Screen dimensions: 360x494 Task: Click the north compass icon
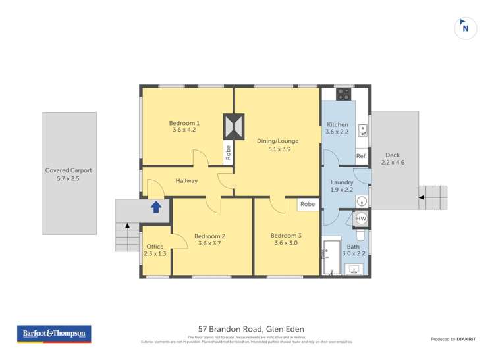click(x=466, y=28)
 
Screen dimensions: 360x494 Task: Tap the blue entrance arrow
click(x=156, y=207)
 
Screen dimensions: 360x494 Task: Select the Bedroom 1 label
click(x=184, y=123)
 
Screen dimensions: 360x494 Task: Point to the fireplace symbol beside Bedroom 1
click(x=233, y=125)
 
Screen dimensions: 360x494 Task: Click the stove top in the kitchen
click(x=343, y=94)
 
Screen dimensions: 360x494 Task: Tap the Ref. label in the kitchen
click(x=361, y=156)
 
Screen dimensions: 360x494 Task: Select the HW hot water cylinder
click(x=361, y=219)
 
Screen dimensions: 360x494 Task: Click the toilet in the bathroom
click(x=360, y=236)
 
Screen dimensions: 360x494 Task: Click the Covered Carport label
click(x=69, y=170)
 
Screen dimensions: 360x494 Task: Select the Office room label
click(x=155, y=247)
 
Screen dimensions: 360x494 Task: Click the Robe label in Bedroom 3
click(x=308, y=205)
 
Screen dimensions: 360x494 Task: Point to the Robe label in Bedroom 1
click(x=228, y=153)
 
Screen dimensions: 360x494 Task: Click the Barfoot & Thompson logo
click(x=55, y=334)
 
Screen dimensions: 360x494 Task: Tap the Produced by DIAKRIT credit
click(x=453, y=339)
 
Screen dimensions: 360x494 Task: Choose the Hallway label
click(x=186, y=181)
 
